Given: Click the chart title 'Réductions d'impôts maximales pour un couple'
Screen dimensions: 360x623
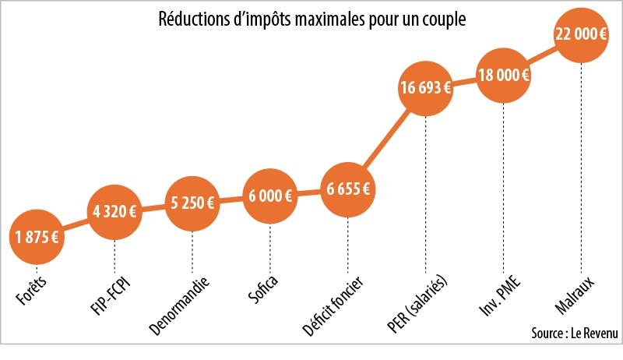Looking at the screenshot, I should point(311,19).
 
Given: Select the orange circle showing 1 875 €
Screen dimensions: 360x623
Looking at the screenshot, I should point(36,237).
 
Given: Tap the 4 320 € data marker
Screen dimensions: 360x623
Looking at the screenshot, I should point(114,211).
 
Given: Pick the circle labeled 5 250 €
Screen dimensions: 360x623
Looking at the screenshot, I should point(192,204).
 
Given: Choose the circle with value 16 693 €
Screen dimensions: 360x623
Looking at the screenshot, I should point(425,88).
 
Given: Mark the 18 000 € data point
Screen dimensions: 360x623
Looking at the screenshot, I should point(503,76).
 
